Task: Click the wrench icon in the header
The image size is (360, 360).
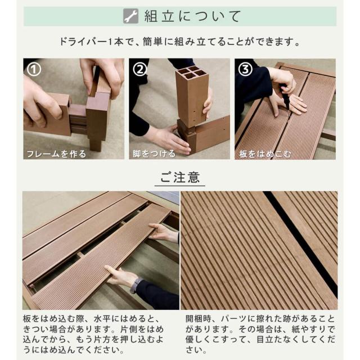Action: tap(130, 16)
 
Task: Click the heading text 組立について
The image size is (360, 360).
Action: tap(192, 16)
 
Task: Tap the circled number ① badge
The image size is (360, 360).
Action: tap(34, 69)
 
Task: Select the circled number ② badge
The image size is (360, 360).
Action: tap(140, 69)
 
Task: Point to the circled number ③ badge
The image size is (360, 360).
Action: tap(245, 69)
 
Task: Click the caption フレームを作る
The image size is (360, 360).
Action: tap(56, 154)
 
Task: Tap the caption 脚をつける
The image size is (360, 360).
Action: tap(154, 154)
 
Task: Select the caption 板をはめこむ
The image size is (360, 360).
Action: tap(265, 154)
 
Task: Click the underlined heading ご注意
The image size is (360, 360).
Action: tap(180, 177)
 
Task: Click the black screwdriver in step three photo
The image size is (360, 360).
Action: tap(285, 97)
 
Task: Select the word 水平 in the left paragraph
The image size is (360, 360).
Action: tap(102, 319)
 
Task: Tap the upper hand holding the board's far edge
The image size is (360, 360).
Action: tap(163, 232)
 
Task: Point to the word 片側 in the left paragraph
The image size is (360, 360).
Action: tap(129, 330)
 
